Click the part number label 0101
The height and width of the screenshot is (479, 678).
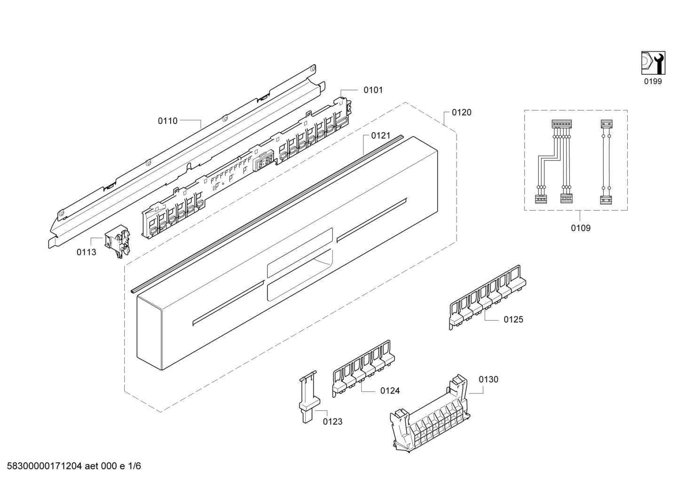point(373,90)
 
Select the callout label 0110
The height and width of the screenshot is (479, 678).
point(168,121)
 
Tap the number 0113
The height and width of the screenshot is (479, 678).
point(86,252)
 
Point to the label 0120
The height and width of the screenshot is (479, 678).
point(462,112)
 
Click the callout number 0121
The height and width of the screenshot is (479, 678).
point(381,135)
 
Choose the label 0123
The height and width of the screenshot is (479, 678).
point(332,422)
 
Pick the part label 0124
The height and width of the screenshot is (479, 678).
point(390,391)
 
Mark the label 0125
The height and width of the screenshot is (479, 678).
point(513,320)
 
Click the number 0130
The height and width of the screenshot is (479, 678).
point(489,379)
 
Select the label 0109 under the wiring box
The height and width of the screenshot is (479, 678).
point(581,228)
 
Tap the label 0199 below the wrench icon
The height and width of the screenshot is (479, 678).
point(653,81)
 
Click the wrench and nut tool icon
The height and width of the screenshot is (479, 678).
point(653,63)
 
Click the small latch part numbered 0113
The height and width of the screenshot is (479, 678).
point(117,241)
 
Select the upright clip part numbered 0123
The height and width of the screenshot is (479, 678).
point(308,397)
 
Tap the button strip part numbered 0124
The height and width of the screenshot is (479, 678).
point(363,368)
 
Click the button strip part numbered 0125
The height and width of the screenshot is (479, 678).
point(487,297)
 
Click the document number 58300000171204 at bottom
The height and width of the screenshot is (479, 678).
point(44,466)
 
